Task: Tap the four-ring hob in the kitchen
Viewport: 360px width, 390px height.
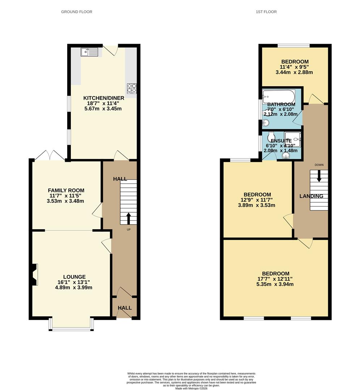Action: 131,88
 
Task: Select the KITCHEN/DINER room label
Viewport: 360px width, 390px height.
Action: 104,98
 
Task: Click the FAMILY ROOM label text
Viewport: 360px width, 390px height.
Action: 66,190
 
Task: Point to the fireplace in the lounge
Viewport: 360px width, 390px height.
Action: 34,274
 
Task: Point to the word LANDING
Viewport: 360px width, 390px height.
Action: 311,196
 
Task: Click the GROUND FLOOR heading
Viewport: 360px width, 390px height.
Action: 77,12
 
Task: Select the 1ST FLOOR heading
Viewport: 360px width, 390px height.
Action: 266,12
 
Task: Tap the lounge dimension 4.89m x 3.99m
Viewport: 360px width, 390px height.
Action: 74,288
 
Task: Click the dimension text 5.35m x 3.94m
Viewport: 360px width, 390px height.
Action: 275,284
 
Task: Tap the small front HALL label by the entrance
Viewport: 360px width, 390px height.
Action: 124,308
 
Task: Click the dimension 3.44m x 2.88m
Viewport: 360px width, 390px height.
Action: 294,72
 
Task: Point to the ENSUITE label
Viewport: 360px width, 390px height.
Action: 281,141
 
